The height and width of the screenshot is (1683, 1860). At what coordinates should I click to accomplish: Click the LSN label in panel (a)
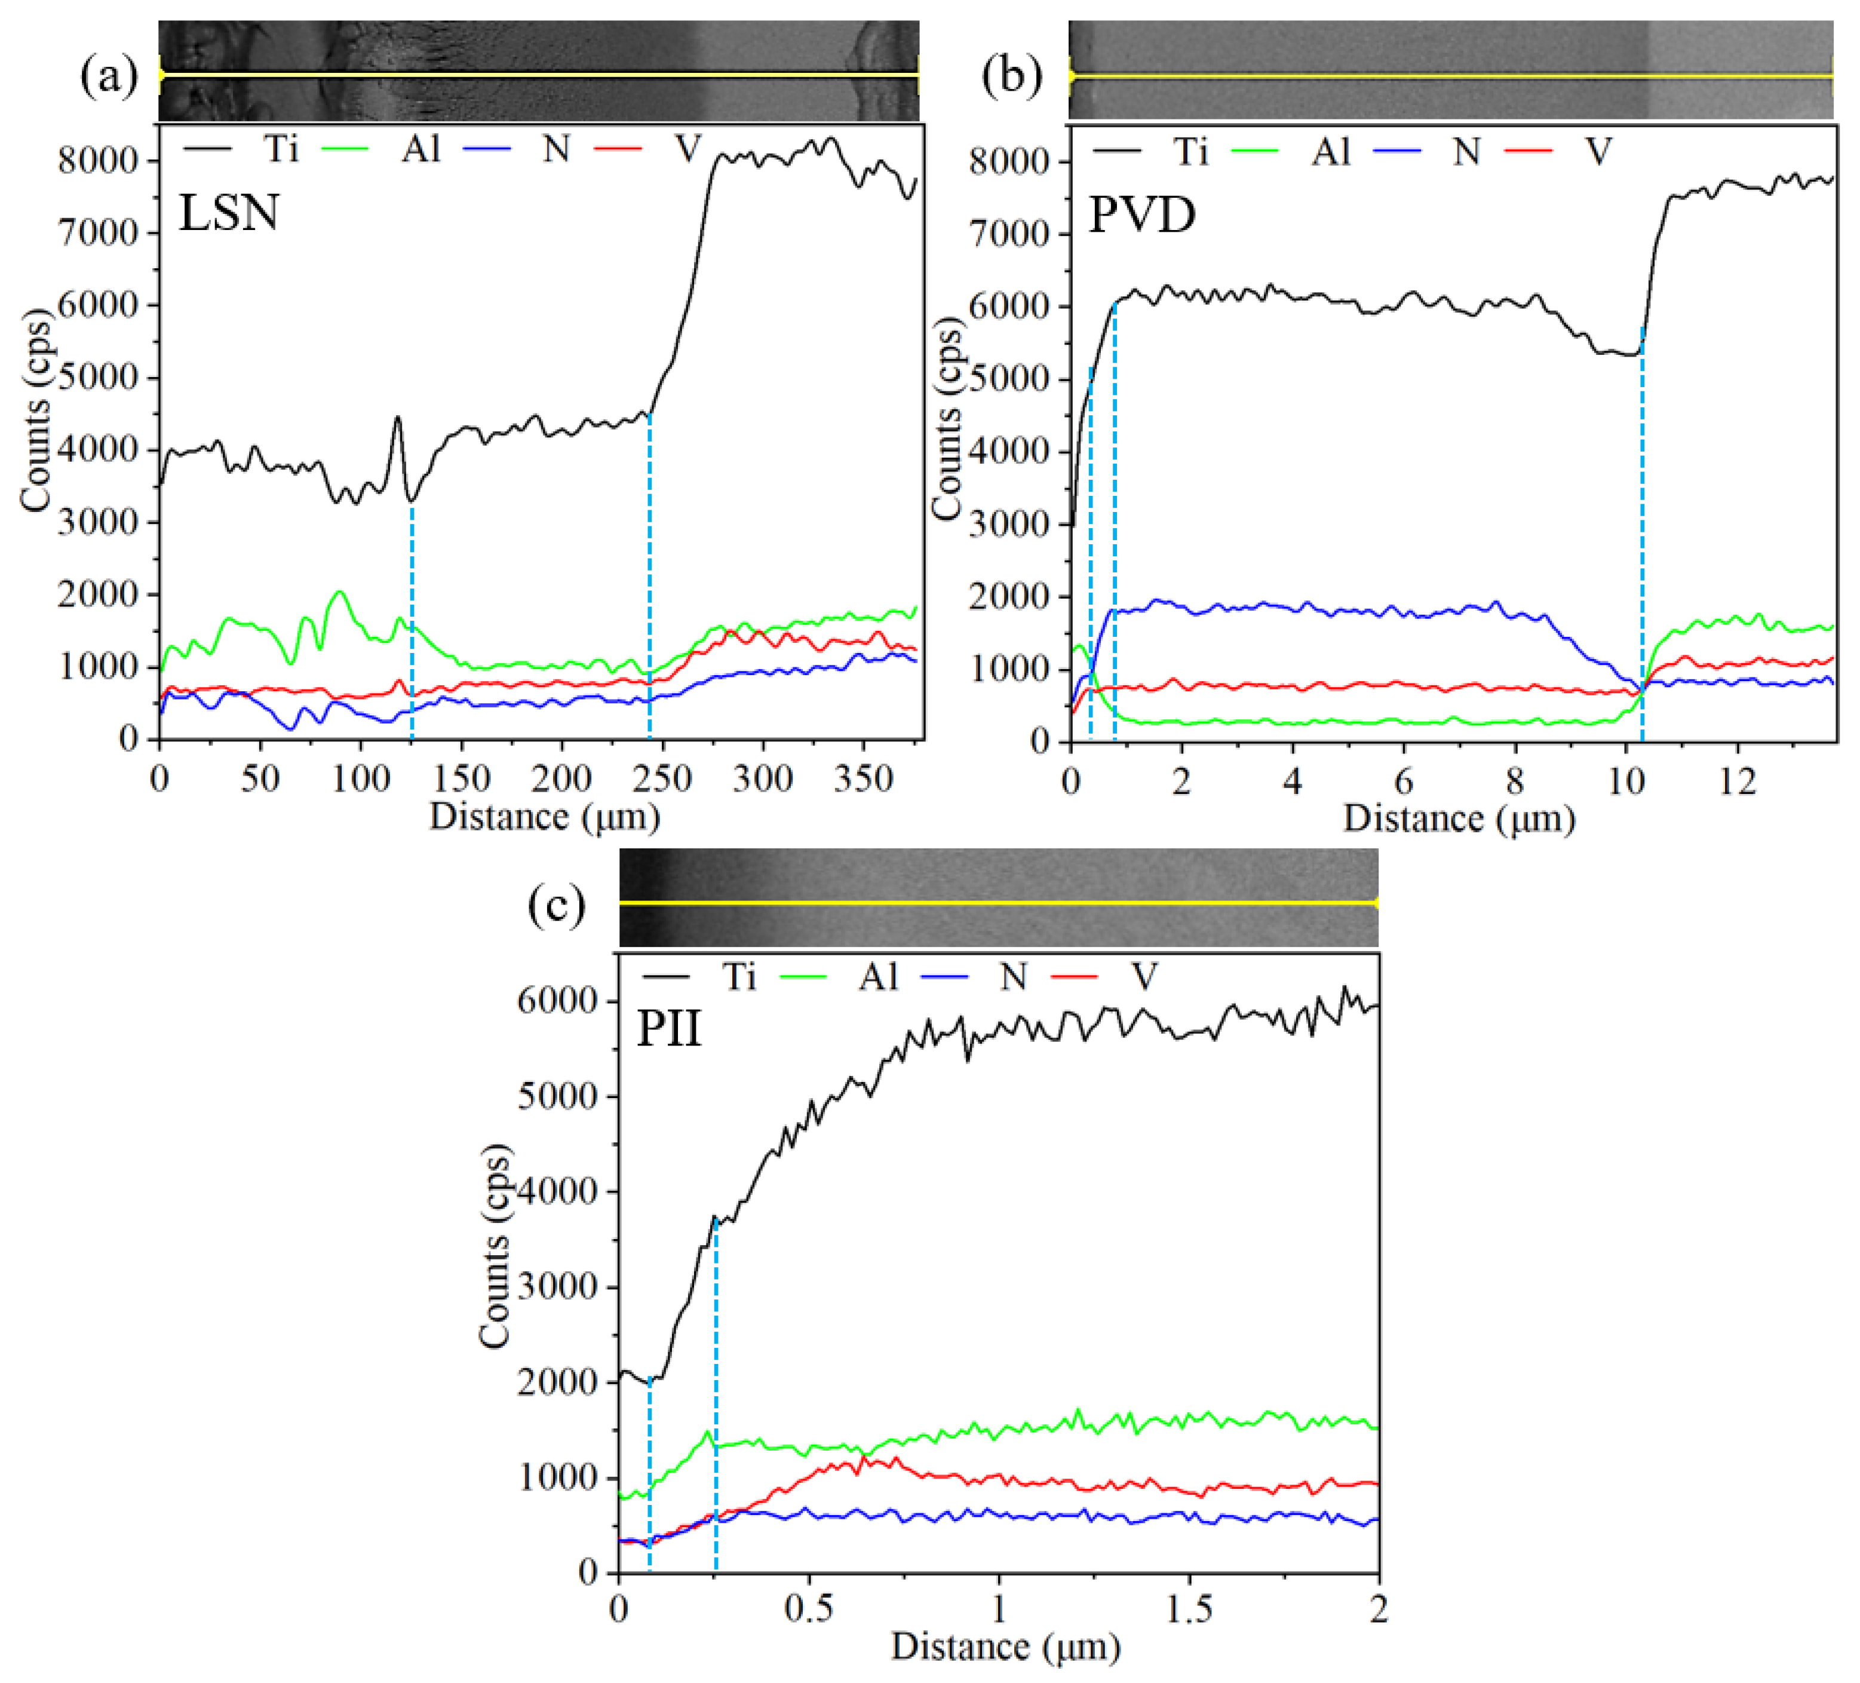(x=229, y=213)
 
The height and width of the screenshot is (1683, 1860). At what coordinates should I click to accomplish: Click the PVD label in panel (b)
(x=1142, y=215)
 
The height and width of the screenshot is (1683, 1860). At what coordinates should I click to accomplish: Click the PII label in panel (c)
(x=669, y=1029)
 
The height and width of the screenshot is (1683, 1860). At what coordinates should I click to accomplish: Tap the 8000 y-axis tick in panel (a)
(x=97, y=161)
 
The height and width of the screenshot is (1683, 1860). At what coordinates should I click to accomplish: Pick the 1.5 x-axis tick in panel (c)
(x=1189, y=1609)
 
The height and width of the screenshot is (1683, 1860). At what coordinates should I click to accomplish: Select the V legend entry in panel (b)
(x=1597, y=151)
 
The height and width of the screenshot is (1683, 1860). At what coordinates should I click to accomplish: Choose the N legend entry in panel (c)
(x=1012, y=976)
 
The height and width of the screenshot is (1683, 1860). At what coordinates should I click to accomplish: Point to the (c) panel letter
(x=556, y=905)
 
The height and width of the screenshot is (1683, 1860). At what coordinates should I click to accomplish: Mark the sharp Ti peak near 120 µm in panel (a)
(x=398, y=418)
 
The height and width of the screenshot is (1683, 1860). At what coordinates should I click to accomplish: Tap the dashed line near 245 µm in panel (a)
(x=649, y=572)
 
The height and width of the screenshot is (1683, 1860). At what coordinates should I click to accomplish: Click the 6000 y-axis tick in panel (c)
(x=557, y=1001)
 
